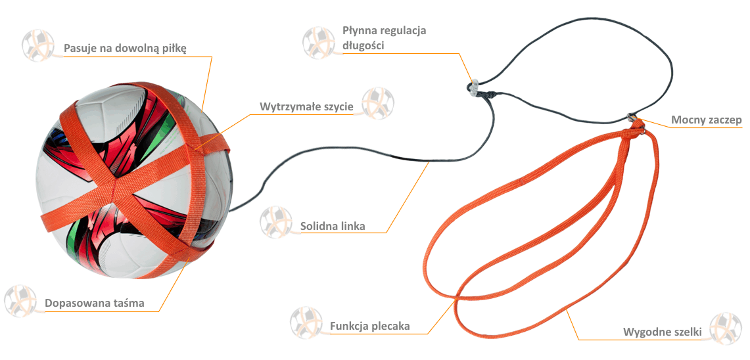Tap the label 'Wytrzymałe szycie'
(x=306, y=106)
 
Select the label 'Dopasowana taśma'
(x=94, y=303)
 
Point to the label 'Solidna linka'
(x=333, y=226)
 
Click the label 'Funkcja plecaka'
(x=369, y=326)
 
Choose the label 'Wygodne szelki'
(x=662, y=332)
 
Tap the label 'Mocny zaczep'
(x=707, y=120)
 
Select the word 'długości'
(x=363, y=45)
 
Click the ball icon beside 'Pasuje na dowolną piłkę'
(x=38, y=45)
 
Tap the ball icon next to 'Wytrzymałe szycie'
(x=378, y=102)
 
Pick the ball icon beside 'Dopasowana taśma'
(x=20, y=301)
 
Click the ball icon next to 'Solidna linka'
(x=276, y=222)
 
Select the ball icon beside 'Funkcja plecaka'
(x=306, y=323)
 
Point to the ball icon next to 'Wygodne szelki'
(x=725, y=328)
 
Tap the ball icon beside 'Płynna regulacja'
(x=319, y=43)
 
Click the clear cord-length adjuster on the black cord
(x=472, y=87)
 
